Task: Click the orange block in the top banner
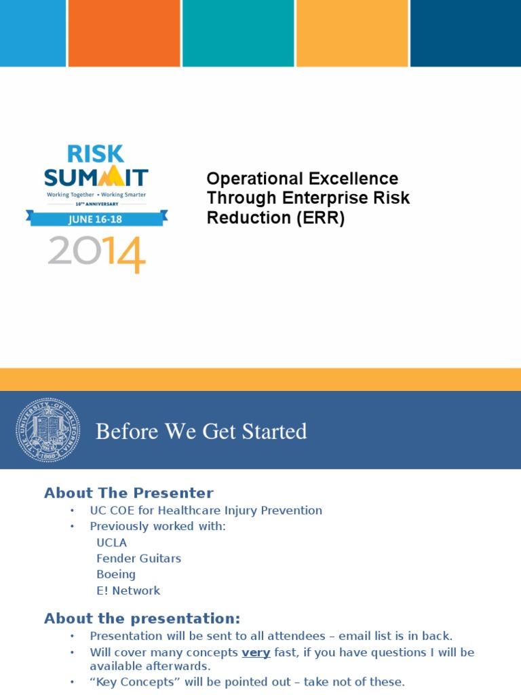click(x=124, y=33)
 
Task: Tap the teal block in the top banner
click(x=238, y=33)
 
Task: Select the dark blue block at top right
click(x=465, y=33)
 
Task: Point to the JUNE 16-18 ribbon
click(x=96, y=218)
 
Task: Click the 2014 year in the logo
click(x=96, y=252)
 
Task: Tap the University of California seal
click(x=48, y=430)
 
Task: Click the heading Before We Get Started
click(x=201, y=432)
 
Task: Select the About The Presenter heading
click(x=128, y=493)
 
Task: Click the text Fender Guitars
click(x=138, y=559)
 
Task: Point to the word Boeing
click(x=116, y=574)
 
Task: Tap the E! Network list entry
click(x=128, y=590)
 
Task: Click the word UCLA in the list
click(x=112, y=542)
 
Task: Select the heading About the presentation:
click(x=142, y=618)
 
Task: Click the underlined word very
click(x=256, y=652)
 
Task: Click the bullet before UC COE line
click(x=71, y=510)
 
